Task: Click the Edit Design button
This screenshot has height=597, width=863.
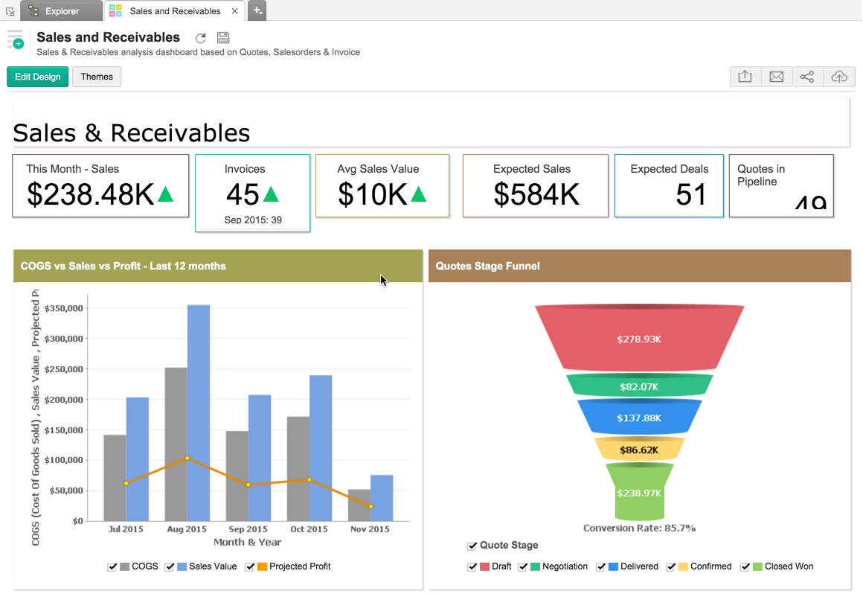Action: point(38,77)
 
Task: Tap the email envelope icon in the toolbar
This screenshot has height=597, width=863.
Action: point(776,77)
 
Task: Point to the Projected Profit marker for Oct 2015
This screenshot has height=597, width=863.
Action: point(309,479)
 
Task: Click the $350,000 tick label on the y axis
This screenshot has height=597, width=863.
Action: point(63,307)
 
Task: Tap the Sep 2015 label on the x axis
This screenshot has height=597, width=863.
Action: point(248,529)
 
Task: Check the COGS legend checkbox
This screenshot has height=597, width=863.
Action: point(112,566)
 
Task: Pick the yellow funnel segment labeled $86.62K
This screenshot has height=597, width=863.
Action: point(639,449)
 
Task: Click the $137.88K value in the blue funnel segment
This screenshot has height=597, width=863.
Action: point(639,418)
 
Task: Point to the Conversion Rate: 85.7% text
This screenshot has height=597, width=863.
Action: point(639,529)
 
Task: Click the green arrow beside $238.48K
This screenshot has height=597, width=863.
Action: point(166,194)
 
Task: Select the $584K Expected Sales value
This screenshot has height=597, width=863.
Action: point(536,194)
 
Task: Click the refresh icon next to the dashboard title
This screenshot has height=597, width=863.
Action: point(200,38)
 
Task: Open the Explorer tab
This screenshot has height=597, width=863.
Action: point(62,11)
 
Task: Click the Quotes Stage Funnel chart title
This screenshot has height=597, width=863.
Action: point(488,266)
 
